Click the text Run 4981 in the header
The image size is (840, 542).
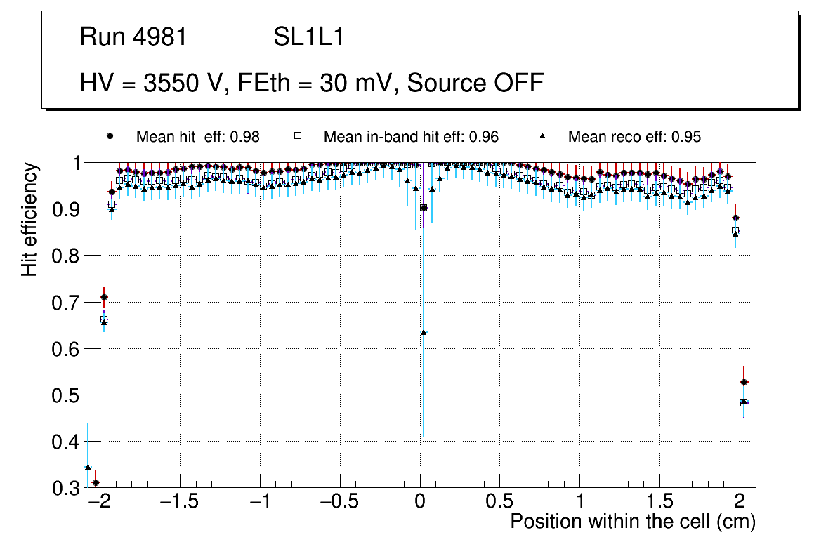(x=133, y=37)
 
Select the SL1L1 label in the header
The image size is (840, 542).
(x=308, y=37)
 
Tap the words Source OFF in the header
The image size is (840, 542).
(x=475, y=83)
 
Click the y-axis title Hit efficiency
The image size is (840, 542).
(x=29, y=219)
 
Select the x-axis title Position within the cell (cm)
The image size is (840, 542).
(x=632, y=522)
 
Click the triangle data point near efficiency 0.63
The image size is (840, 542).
(x=424, y=332)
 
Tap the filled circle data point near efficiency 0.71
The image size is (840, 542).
(x=104, y=297)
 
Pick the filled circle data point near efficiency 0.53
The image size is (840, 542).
(x=744, y=383)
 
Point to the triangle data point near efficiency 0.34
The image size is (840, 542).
(x=88, y=467)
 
